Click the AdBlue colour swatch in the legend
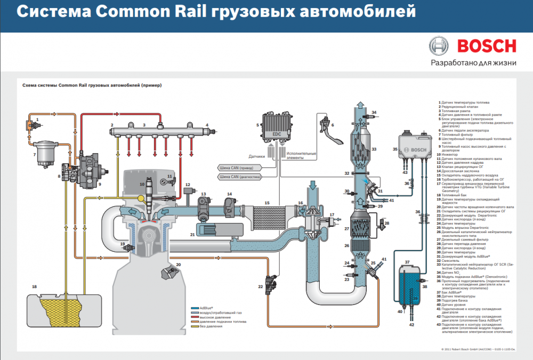[196, 308]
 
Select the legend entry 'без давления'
[210, 326]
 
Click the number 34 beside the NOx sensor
[374, 113]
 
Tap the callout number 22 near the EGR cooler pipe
[261, 287]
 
